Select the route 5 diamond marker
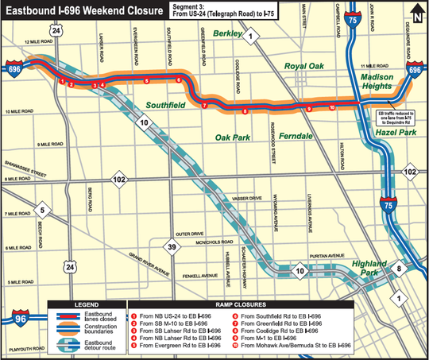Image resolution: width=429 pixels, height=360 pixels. [44, 211]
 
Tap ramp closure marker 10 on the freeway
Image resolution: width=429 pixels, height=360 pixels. [331, 106]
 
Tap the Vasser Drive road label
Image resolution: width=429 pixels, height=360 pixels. [229, 198]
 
